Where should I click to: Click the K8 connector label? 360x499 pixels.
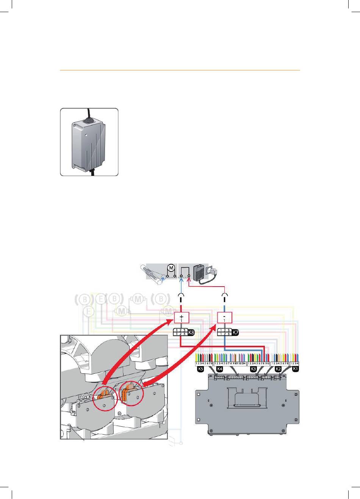click(191, 332)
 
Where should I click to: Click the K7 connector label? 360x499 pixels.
click(235, 332)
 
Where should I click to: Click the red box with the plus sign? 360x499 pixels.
click(182, 318)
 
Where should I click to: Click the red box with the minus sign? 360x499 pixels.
click(225, 318)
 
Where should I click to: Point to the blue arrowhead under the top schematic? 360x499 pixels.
click(181, 281)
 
